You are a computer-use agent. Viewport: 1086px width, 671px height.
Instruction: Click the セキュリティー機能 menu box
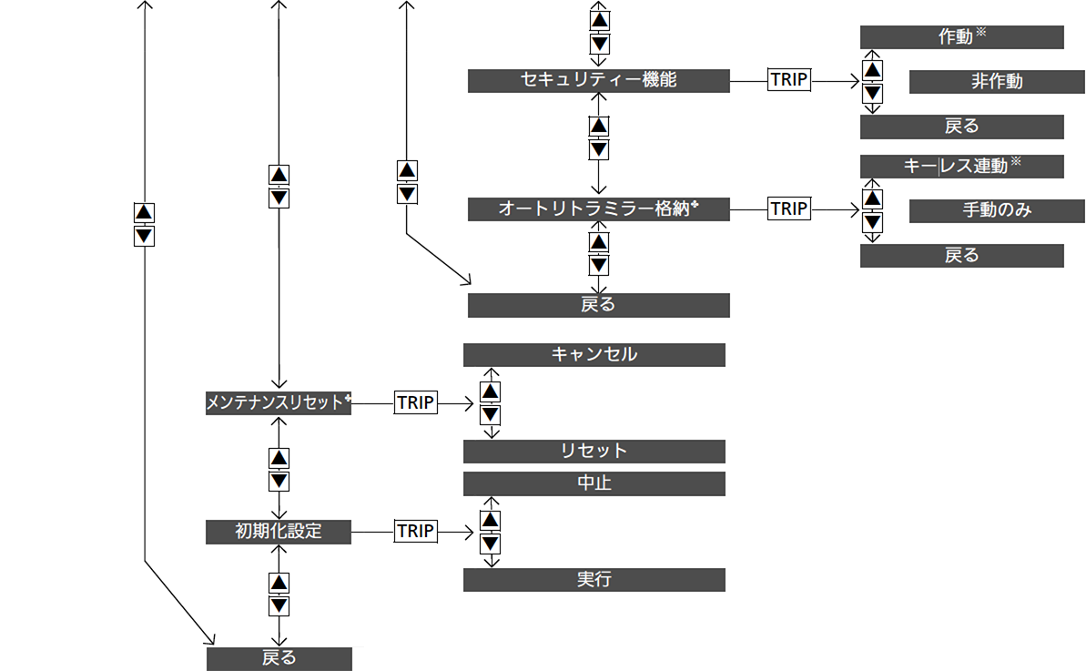pyautogui.click(x=598, y=80)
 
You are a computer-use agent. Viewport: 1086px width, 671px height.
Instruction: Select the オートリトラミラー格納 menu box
pyautogui.click(x=598, y=209)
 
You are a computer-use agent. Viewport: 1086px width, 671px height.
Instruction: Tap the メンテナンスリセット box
pyautogui.click(x=279, y=403)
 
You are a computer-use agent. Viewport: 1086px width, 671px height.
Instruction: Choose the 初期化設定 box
pyautogui.click(x=279, y=532)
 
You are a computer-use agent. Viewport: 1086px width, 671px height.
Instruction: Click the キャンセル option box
pyautogui.click(x=594, y=355)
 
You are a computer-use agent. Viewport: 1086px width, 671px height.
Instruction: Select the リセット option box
pyautogui.click(x=594, y=452)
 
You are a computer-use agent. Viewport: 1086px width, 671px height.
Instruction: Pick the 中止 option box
pyautogui.click(x=594, y=483)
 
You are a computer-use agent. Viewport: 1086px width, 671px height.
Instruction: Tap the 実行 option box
pyautogui.click(x=594, y=580)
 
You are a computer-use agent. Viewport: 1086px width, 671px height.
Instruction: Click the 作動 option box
pyautogui.click(x=962, y=37)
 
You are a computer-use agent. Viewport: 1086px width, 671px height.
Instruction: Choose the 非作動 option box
pyautogui.click(x=997, y=82)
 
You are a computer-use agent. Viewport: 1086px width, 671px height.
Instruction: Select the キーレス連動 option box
pyautogui.click(x=962, y=167)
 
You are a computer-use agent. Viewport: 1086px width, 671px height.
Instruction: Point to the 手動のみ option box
pyautogui.click(x=997, y=210)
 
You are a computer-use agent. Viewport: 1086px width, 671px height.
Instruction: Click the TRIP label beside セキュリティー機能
pyautogui.click(x=789, y=79)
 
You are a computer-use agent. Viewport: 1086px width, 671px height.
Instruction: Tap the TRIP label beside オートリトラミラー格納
pyautogui.click(x=789, y=208)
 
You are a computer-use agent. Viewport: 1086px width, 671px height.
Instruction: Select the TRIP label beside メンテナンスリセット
pyautogui.click(x=416, y=402)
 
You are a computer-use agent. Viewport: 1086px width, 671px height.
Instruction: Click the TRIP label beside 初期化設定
pyautogui.click(x=416, y=531)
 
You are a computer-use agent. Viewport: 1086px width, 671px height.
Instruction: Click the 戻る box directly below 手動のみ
pyautogui.click(x=962, y=256)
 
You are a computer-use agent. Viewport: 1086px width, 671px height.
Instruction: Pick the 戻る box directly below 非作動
pyautogui.click(x=962, y=127)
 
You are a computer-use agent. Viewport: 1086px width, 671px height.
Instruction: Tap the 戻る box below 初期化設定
pyautogui.click(x=279, y=658)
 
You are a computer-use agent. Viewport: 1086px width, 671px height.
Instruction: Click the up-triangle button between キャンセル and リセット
pyautogui.click(x=491, y=391)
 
